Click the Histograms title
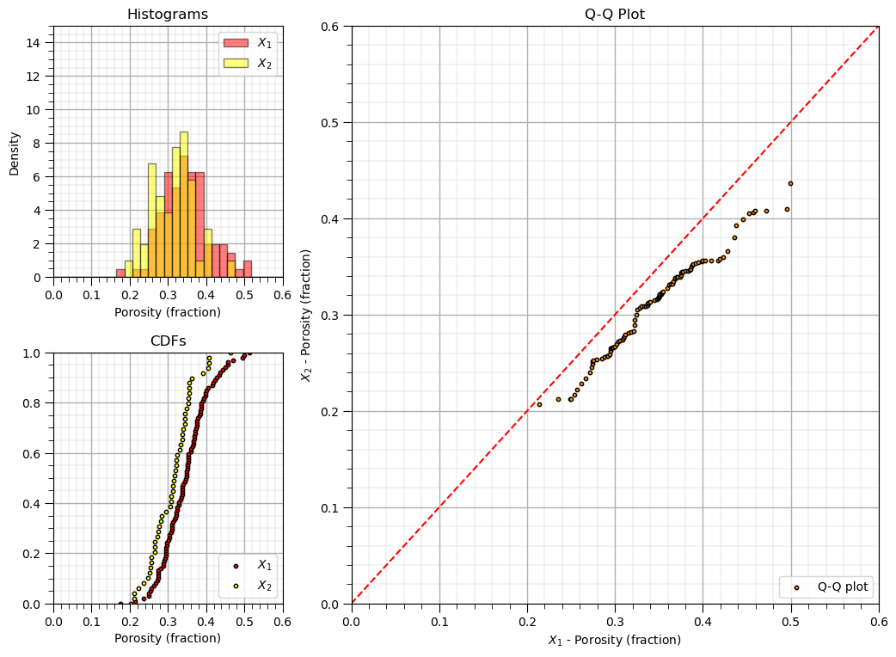pyautogui.click(x=168, y=15)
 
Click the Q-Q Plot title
pyautogui.click(x=615, y=15)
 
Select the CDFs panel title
pyautogui.click(x=168, y=341)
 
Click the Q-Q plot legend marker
pyautogui.click(x=796, y=587)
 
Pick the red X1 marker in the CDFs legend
pyautogui.click(x=236, y=566)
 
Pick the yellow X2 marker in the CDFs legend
pyautogui.click(x=236, y=586)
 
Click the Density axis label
pyautogui.click(x=15, y=152)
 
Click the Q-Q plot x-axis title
pyautogui.click(x=615, y=641)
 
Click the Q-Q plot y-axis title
pyautogui.click(x=305, y=315)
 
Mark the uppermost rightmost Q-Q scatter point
pyautogui.click(x=790, y=183)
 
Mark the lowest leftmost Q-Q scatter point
pyautogui.click(x=539, y=404)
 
